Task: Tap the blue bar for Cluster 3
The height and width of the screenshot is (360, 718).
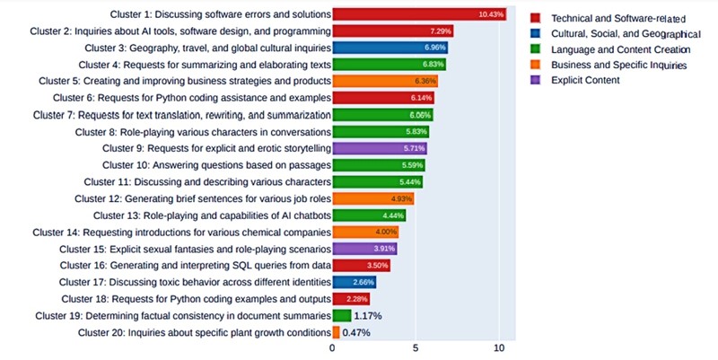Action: coord(390,48)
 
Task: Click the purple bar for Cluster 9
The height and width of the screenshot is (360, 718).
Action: coord(380,148)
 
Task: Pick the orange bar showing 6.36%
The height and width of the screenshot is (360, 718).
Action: coord(385,81)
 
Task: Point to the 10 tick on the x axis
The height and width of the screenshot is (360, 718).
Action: coord(499,347)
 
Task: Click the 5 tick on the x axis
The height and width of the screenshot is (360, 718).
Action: coord(416,347)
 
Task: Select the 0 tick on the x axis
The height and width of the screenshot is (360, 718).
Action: coord(333,347)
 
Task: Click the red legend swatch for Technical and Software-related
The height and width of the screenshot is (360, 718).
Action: coord(536,17)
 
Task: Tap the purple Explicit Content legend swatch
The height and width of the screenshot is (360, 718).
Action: coord(536,81)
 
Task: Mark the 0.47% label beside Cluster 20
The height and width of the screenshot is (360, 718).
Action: coord(356,332)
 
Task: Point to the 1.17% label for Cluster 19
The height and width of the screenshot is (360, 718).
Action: coord(368,316)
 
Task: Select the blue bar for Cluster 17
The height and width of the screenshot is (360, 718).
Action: coord(355,282)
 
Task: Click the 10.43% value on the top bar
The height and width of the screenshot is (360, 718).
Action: coord(492,14)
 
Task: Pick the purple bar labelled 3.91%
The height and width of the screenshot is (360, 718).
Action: coord(364,249)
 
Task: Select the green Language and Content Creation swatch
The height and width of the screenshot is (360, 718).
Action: coord(536,49)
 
